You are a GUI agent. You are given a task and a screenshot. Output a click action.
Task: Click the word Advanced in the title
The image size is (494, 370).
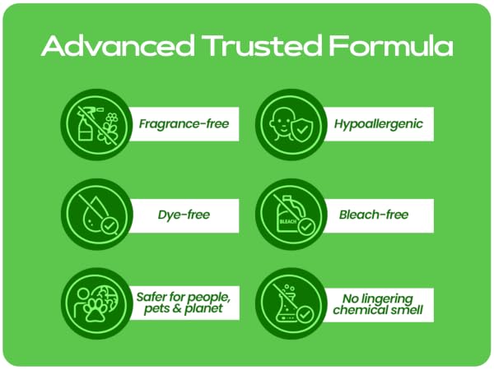tap(118, 46)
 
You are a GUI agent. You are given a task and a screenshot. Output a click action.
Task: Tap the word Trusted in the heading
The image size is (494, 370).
tap(262, 46)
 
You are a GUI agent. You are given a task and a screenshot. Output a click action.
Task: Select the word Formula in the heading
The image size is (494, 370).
tap(390, 46)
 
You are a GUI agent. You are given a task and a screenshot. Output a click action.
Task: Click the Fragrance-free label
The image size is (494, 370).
tap(184, 124)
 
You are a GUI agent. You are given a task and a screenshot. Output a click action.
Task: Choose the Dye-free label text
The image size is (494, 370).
tap(184, 215)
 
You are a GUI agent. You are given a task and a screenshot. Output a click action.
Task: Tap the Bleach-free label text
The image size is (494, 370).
tap(374, 215)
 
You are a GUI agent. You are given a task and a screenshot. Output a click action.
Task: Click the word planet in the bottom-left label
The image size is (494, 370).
tap(203, 308)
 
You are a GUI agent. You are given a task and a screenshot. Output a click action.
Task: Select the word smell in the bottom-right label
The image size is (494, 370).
tap(407, 310)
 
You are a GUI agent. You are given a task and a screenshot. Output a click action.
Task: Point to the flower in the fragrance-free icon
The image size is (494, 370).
tap(109, 130)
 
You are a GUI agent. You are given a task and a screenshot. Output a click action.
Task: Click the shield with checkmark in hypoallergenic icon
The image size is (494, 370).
tap(302, 130)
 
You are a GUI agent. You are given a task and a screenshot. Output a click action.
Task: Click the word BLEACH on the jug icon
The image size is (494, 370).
tap(288, 221)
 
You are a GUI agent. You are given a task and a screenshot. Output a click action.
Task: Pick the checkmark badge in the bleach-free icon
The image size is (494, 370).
tap(305, 227)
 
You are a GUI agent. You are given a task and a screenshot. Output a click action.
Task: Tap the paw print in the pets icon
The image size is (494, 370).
tap(95, 310)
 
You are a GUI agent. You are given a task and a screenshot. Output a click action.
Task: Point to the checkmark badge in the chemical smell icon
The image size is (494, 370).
tap(305, 314)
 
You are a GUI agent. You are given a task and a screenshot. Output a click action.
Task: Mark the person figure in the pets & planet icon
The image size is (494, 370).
tap(82, 303)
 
